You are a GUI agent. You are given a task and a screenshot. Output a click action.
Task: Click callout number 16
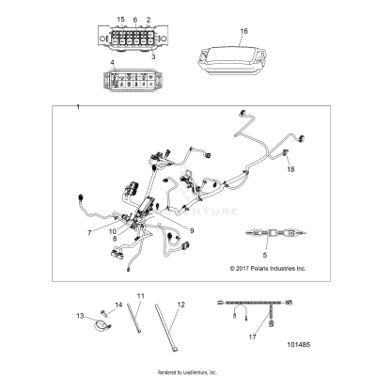tap(243, 31)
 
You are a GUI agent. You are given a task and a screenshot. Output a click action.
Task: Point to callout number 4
tap(113, 63)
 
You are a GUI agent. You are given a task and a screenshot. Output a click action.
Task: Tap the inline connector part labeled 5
tap(266, 234)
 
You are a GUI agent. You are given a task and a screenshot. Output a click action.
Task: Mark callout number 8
tap(116, 241)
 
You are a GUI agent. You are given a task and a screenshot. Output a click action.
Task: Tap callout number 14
tap(119, 305)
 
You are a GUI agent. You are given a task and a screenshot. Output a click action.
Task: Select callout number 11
tap(142, 297)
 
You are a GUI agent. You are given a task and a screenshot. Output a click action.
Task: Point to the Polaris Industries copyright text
tap(268, 268)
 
